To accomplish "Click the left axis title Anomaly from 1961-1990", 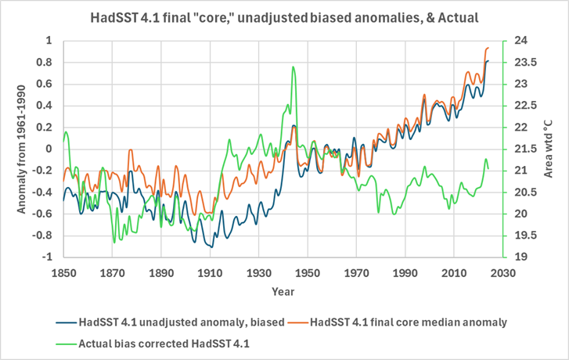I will tap(21, 148).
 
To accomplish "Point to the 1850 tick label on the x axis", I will tap(64, 272).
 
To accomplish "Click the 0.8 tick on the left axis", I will tap(47, 63).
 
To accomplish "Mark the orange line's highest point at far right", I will tap(488, 48).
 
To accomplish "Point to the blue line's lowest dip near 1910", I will tap(211, 247).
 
